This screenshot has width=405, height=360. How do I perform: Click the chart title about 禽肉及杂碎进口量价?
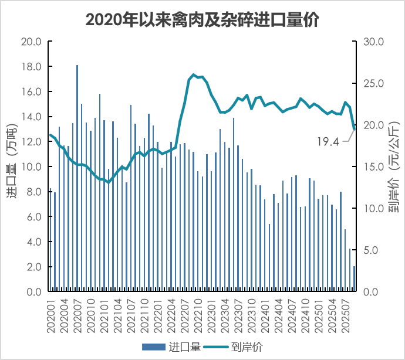pyautogui.click(x=202, y=19)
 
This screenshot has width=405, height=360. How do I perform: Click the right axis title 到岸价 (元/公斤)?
pyautogui.click(x=392, y=166)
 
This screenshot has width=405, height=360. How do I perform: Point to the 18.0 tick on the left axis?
pyautogui.click(x=31, y=67)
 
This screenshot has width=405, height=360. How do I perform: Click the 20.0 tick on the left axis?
pyautogui.click(x=31, y=42)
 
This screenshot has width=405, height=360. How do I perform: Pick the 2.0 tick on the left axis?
pyautogui.click(x=33, y=267)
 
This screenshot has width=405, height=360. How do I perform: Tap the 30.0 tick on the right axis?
pyautogui.click(x=374, y=42)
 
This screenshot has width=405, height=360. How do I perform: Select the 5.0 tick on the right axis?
pyautogui.click(x=374, y=250)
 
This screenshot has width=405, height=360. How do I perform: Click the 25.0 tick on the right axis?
pyautogui.click(x=374, y=84)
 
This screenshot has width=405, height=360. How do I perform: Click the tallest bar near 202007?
pyautogui.click(x=77, y=176)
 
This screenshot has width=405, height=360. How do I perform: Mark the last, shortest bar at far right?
pyautogui.click(x=354, y=279)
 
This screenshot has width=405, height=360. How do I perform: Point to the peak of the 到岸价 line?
pyautogui.click(x=193, y=75)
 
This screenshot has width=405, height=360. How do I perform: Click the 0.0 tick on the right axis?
pyautogui.click(x=374, y=292)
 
